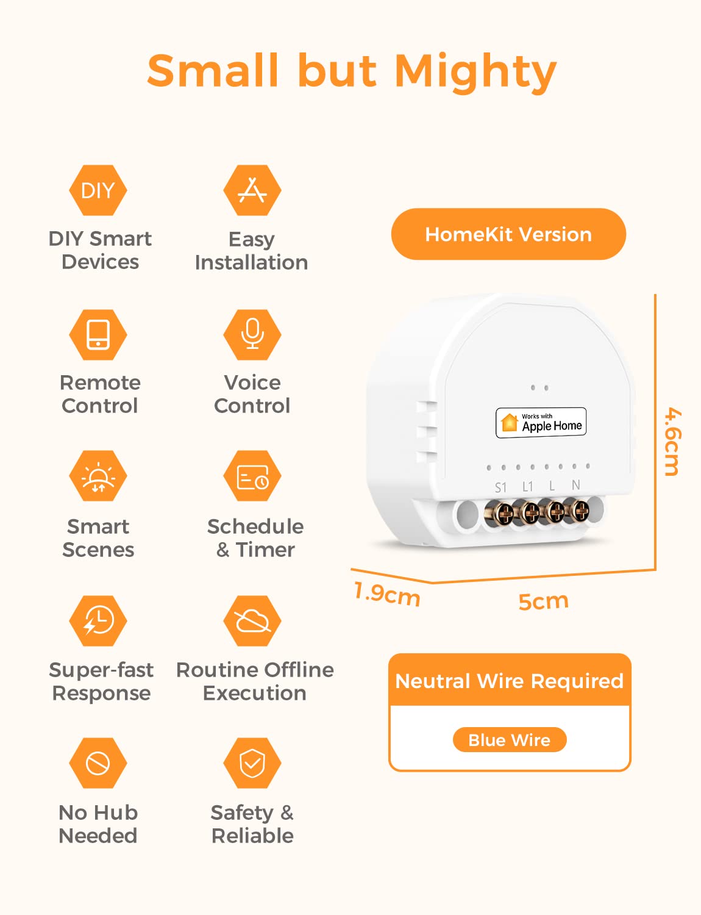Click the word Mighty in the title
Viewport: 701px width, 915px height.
(x=475, y=72)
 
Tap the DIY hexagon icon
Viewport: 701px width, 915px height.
(x=98, y=190)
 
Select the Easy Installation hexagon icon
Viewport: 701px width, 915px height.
(x=252, y=190)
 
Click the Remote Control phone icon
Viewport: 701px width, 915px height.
(x=98, y=334)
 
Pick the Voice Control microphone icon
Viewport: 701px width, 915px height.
(x=252, y=334)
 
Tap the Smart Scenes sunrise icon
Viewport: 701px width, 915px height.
(x=98, y=477)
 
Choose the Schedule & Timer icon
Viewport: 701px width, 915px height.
(x=252, y=477)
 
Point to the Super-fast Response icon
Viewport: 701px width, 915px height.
(x=98, y=621)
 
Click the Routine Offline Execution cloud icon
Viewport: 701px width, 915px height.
(x=252, y=621)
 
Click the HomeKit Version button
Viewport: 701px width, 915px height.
(x=508, y=234)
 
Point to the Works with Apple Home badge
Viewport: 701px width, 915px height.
(x=541, y=422)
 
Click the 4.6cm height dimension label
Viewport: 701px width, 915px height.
(x=672, y=441)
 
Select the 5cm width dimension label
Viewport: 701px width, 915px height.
(x=543, y=601)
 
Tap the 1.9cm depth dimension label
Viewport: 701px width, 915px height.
(x=387, y=594)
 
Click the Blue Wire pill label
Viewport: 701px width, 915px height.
(x=510, y=740)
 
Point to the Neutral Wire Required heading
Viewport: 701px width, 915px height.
(x=510, y=681)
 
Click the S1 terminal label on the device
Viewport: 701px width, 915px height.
(x=500, y=487)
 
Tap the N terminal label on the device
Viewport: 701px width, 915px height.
(x=575, y=485)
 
